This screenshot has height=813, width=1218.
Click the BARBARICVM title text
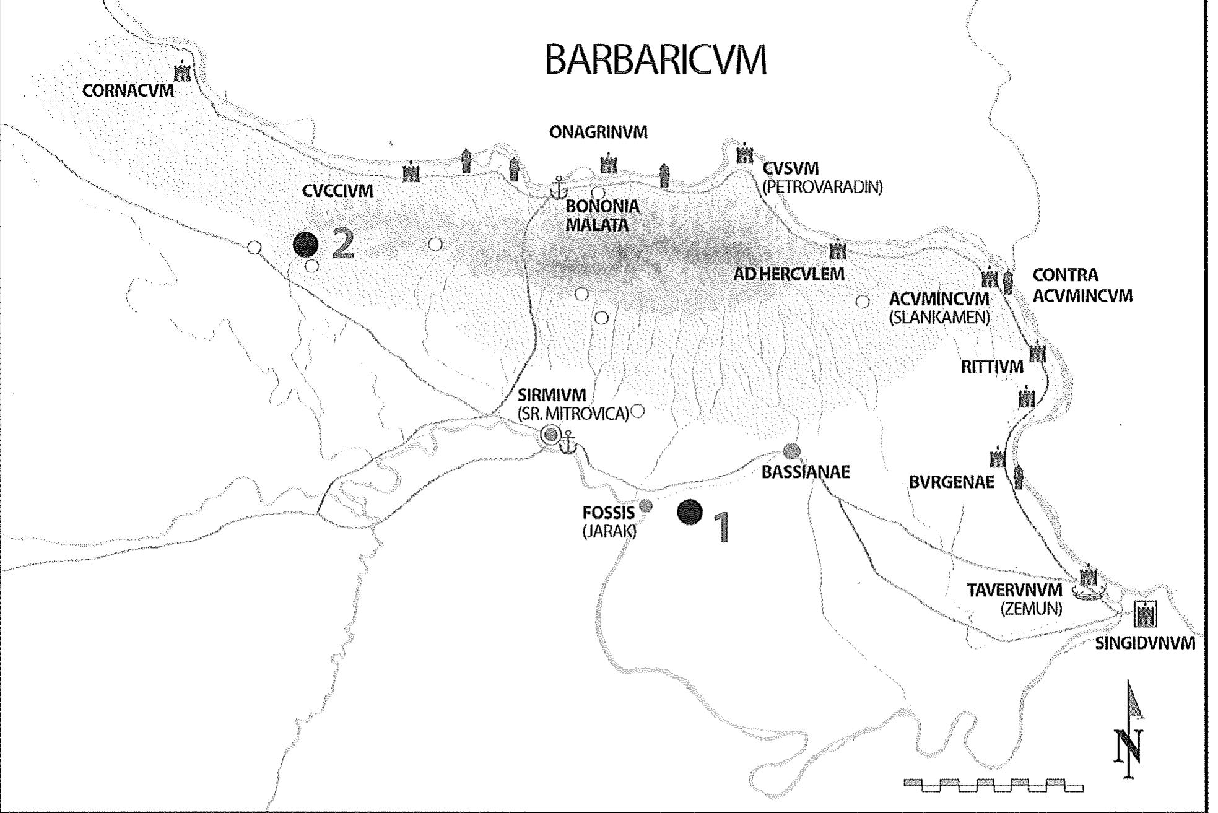655,60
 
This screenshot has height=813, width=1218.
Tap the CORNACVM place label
128,91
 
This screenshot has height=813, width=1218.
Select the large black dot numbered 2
305,245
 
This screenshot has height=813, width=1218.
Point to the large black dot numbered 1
689,512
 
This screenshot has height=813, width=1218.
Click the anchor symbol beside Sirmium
568,443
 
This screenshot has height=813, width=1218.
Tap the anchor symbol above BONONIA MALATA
559,186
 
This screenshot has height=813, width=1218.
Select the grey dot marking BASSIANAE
791,451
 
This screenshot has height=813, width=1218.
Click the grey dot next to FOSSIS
645,505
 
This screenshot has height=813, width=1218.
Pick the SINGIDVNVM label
1144,643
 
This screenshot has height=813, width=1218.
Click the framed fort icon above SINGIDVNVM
1145,615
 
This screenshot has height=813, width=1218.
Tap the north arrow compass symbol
1131,731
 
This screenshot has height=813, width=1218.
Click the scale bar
993,785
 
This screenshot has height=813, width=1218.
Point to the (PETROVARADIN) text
822,187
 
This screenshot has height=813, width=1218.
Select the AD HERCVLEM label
788,274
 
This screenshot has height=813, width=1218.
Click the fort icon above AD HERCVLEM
837,251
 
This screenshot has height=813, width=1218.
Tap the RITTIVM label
991,367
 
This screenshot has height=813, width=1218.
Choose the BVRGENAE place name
951,482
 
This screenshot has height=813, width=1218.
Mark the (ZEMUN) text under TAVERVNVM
1031,609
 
